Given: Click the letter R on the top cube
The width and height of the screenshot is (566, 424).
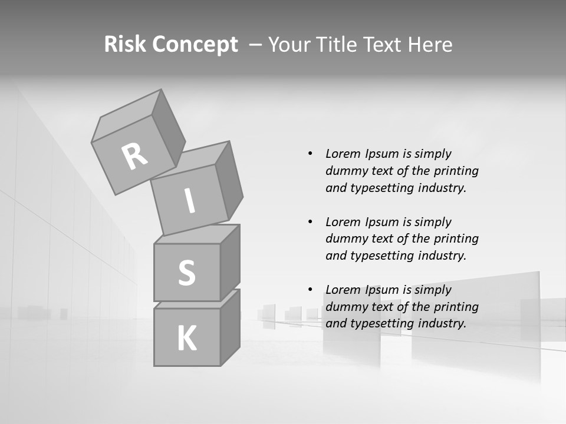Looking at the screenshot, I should tap(134, 157).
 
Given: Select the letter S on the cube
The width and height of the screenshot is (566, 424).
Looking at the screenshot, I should tap(186, 273).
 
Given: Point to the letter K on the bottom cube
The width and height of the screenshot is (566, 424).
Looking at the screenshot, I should tap(187, 339).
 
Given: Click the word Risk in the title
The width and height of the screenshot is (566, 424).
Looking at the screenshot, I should tap(124, 45).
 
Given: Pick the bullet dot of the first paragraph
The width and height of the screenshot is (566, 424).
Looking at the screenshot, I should tap(310, 154).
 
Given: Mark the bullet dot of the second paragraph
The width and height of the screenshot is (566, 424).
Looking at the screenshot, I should tap(310, 222).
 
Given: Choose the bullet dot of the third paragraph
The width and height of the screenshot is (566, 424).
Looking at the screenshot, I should tap(310, 290).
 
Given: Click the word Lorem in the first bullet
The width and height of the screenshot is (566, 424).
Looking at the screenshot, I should tap(341, 154).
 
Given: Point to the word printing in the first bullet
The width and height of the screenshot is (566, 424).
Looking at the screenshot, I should tap(456, 171).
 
